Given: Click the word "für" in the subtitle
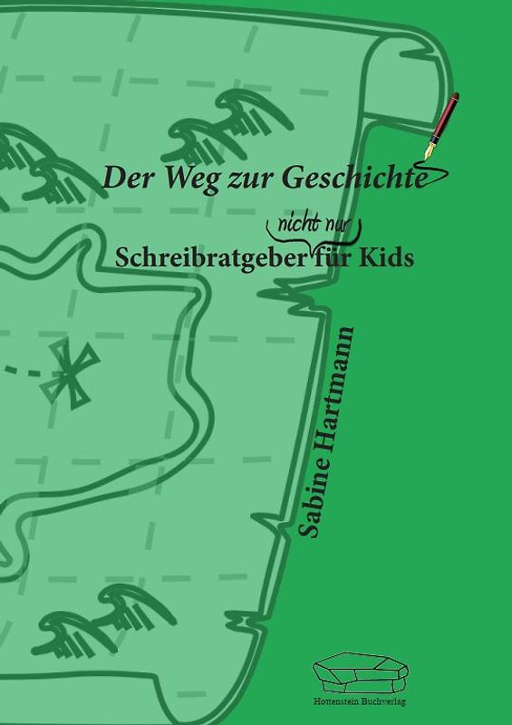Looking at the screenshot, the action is click(x=335, y=256).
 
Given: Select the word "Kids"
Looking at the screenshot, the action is click(x=388, y=256).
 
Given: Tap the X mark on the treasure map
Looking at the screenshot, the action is click(x=74, y=373).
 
